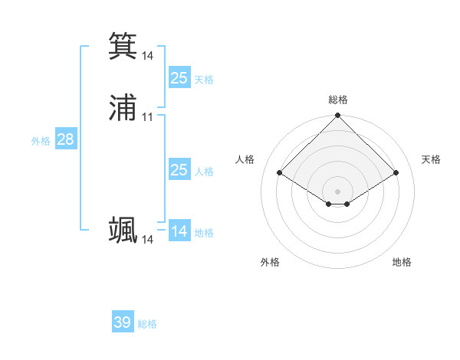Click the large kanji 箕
pos(123,45)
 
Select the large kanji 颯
pos(123,230)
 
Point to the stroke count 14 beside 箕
pos(147,56)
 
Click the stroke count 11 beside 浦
pos(147,117)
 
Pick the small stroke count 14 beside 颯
pos(147,240)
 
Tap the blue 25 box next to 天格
pos(179,78)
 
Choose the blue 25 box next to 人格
pos(179,170)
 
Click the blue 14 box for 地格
pos(179,231)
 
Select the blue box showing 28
pos(65,139)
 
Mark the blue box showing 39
pos(123,322)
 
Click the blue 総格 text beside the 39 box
pos(147,324)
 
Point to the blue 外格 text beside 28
pos(41,141)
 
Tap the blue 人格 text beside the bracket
pos(204,172)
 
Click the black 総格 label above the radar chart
pos(337,100)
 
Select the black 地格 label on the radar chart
pos(402,262)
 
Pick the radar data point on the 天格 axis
pos(396,172)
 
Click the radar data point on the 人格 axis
pos(279,172)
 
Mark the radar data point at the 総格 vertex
pos(337,116)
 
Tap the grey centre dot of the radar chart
pos(337,191)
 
